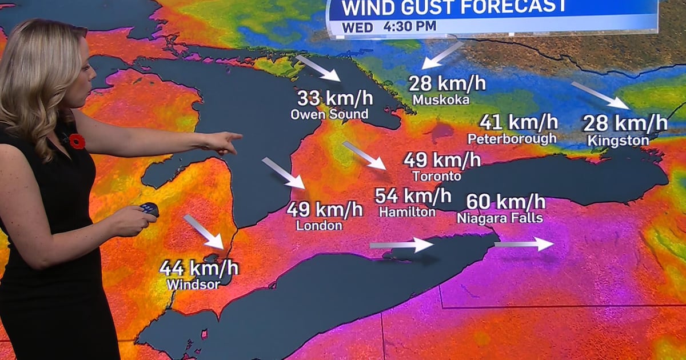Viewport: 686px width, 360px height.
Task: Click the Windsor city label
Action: [193, 283]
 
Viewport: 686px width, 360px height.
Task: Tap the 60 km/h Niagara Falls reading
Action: [506, 202]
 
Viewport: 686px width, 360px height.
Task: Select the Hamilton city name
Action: [407, 212]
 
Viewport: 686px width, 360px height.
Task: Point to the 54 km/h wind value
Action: [413, 196]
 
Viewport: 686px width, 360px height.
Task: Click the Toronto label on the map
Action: [436, 176]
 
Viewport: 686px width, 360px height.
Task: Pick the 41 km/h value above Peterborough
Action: [519, 122]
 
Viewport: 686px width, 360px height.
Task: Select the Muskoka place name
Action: [441, 100]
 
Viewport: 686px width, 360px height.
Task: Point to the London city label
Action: [319, 226]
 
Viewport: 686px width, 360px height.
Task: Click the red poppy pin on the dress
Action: [77, 141]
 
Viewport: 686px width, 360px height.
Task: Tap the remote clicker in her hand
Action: [150, 209]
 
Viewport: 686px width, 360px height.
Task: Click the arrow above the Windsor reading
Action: [204, 231]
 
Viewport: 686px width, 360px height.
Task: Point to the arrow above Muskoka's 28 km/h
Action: [442, 55]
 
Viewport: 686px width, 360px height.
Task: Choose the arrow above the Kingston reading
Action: [600, 95]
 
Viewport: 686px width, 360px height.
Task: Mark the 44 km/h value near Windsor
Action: [199, 267]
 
